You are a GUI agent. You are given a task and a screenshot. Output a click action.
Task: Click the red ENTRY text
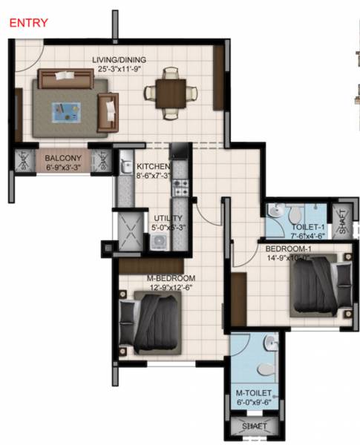tap(28, 23)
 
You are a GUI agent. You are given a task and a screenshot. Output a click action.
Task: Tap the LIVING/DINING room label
tap(119, 60)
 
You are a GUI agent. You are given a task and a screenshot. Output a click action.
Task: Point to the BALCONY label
tap(58, 158)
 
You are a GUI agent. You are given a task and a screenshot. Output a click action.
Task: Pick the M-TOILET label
tap(253, 392)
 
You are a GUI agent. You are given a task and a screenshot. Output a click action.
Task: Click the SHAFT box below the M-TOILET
tap(254, 426)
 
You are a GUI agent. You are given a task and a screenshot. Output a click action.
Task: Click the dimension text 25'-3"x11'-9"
tap(119, 70)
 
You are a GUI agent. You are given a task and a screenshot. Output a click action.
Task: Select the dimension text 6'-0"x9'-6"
tap(253, 402)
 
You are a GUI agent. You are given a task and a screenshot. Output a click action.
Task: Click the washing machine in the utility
tap(158, 241)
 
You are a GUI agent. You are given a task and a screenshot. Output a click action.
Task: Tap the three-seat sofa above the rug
tap(65, 77)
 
